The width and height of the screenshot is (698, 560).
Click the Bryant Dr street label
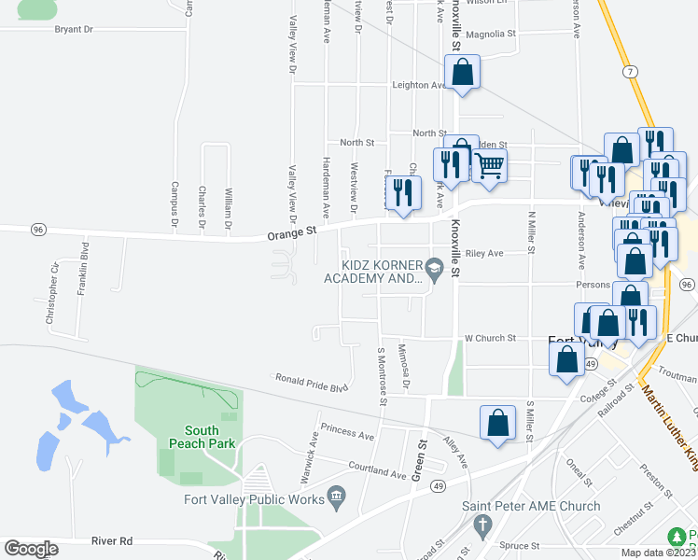pyautogui.click(x=75, y=30)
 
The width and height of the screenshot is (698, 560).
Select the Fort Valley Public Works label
pyautogui.click(x=254, y=498)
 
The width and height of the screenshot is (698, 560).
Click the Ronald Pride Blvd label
pyautogui.click(x=311, y=383)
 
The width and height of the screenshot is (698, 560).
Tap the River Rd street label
pyautogui.click(x=112, y=540)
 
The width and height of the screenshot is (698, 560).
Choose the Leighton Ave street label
pyautogui.click(x=419, y=85)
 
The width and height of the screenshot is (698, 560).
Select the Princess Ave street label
pyautogui.click(x=347, y=433)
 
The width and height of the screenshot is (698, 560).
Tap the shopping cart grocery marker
pyautogui.click(x=490, y=166)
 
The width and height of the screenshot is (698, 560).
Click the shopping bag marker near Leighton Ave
pyautogui.click(x=462, y=72)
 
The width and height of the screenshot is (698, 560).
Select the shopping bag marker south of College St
pyautogui.click(x=498, y=422)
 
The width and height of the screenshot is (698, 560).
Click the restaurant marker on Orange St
pyautogui.click(x=403, y=192)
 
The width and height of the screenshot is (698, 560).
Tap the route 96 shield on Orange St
pyautogui.click(x=38, y=229)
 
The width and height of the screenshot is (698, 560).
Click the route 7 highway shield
pyautogui.click(x=632, y=72)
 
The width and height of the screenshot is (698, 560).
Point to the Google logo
pyautogui.click(x=31, y=549)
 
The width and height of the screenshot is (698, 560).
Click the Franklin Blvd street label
pyautogui.click(x=84, y=264)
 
